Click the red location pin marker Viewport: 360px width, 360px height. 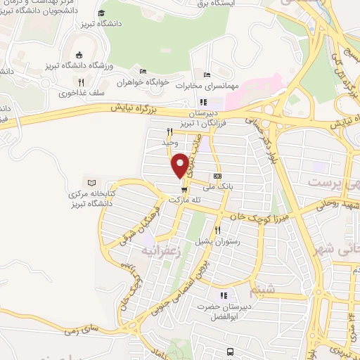pos(180,165)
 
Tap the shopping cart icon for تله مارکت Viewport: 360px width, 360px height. pos(184,189)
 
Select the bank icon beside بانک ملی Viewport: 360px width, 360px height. pos(217,176)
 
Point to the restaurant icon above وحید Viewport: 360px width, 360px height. pos(169,131)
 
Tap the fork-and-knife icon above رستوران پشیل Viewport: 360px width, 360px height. pos(218,230)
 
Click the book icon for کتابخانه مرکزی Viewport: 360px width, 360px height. pos(90,182)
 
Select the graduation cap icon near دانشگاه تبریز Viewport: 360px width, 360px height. pos(102,13)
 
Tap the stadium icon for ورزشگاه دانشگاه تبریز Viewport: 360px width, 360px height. pos(78,56)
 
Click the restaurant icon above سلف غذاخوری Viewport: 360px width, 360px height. pos(82,82)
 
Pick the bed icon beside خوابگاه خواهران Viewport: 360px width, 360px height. pos(143,71)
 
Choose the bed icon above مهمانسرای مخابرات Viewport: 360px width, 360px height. pos(206,75)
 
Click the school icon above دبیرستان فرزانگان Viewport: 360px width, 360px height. pos(203,102)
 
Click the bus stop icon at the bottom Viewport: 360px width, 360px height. pos(230,352)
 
